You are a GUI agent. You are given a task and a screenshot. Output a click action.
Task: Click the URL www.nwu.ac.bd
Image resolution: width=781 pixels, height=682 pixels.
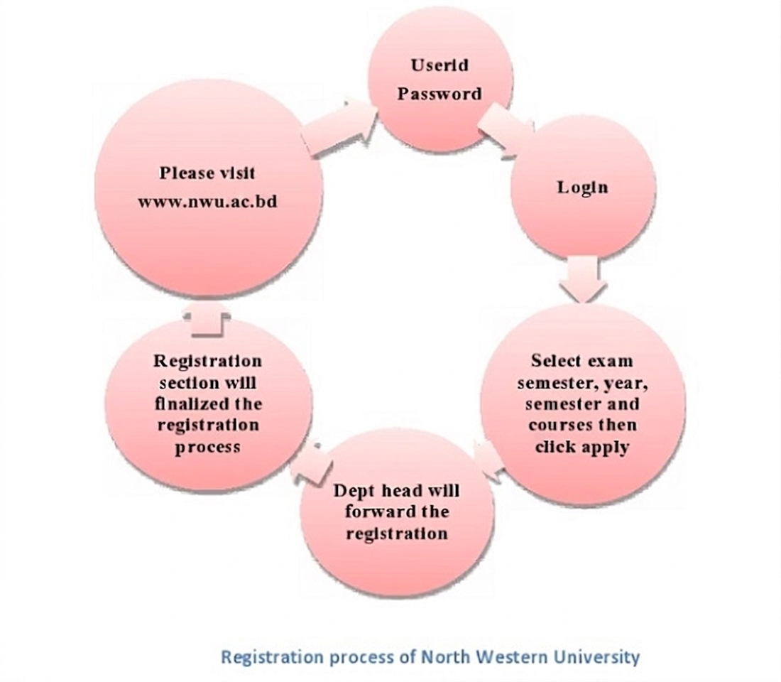[207, 201]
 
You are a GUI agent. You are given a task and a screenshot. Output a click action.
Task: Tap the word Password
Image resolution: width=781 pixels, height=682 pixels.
[439, 93]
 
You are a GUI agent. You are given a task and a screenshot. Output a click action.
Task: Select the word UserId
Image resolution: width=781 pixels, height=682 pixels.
[439, 65]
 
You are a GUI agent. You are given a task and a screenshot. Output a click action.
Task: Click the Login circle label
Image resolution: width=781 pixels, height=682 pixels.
[582, 187]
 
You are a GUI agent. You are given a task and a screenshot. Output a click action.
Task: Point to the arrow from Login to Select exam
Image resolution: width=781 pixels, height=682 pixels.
[583, 278]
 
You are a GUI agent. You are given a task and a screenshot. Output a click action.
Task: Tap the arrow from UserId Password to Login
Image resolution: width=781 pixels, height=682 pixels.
[506, 129]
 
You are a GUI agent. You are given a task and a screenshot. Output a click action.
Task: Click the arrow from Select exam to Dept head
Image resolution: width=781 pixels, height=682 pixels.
[488, 455]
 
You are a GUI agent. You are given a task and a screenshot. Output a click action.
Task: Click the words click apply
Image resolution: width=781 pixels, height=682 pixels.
[582, 447]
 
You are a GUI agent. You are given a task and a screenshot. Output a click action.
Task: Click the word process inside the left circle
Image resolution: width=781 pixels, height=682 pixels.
[208, 447]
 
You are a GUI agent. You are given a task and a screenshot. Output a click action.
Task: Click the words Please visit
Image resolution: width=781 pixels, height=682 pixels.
[207, 173]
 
